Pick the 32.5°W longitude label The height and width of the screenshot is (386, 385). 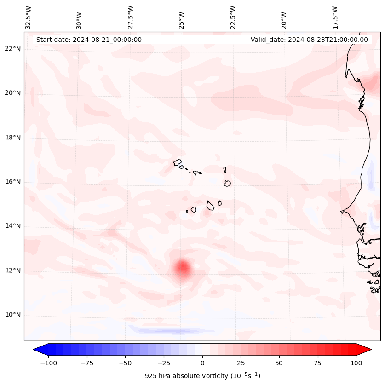coord(29,17)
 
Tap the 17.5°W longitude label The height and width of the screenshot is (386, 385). coord(335,17)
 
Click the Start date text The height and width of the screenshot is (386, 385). coord(89,40)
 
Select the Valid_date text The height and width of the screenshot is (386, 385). coord(309,40)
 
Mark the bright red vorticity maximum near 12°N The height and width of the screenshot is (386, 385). coord(183,267)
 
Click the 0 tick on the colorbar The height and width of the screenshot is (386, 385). coord(202,363)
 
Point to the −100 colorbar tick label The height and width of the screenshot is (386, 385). coord(48,363)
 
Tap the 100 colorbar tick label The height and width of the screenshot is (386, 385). coord(356,363)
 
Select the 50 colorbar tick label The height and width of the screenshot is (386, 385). coord(279,363)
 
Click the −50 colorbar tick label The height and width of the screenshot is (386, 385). coord(125,363)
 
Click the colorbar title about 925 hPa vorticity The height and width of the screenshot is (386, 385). coord(202,376)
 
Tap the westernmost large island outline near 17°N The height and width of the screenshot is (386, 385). coord(178,162)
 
